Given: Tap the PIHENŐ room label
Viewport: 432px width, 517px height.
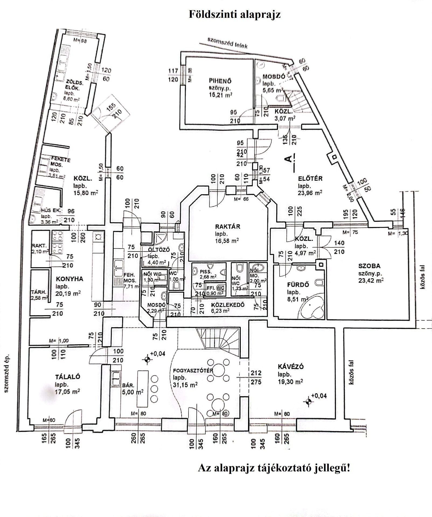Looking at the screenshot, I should pos(220,81).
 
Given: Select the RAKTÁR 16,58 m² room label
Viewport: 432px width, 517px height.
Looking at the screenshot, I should pos(228,226).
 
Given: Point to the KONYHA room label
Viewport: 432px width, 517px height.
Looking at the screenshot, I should pos(69,279).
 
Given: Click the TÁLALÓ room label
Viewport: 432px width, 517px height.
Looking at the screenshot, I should pos(68,377).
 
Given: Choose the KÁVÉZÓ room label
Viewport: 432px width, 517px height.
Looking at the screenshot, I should pos(291,367).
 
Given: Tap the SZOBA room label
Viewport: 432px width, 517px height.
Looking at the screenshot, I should pos(369,266).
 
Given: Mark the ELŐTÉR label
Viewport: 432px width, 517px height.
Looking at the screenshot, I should pos(310,179).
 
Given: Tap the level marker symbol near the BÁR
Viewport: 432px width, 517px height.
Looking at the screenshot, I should pos(147,359).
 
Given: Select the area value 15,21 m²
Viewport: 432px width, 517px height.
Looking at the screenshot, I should pos(220,95).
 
